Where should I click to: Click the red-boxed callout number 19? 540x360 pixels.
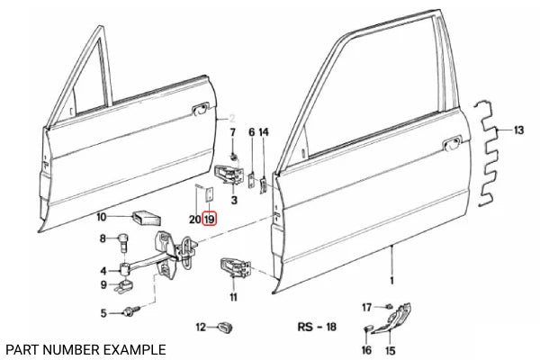[209, 219]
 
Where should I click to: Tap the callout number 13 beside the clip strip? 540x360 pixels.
[518, 131]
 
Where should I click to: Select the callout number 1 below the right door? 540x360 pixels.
[391, 279]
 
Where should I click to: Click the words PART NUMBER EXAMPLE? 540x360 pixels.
[85, 347]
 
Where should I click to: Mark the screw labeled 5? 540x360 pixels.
[135, 312]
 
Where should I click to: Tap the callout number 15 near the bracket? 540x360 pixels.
[390, 349]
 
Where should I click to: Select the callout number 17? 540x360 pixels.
[367, 308]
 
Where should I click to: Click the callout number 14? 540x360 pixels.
[264, 132]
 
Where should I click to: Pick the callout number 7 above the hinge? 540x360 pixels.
[233, 132]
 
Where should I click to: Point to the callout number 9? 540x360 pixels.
[103, 285]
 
